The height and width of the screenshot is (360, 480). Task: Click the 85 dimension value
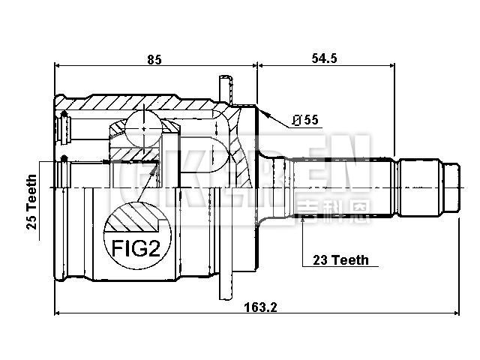(x=155, y=57)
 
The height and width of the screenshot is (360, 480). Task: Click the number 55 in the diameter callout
(x=309, y=120)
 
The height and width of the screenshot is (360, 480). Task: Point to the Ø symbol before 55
(x=296, y=120)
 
